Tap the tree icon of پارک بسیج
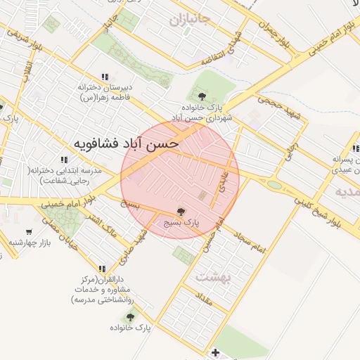pyautogui.click(x=181, y=212)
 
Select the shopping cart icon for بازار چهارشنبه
pyautogui.click(x=29, y=232)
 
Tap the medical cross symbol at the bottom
pyautogui.click(x=216, y=352)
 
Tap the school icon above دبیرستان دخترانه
pyautogui.click(x=105, y=77)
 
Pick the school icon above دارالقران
pyautogui.click(x=103, y=269)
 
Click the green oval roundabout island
pyautogui.click(x=274, y=185)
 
